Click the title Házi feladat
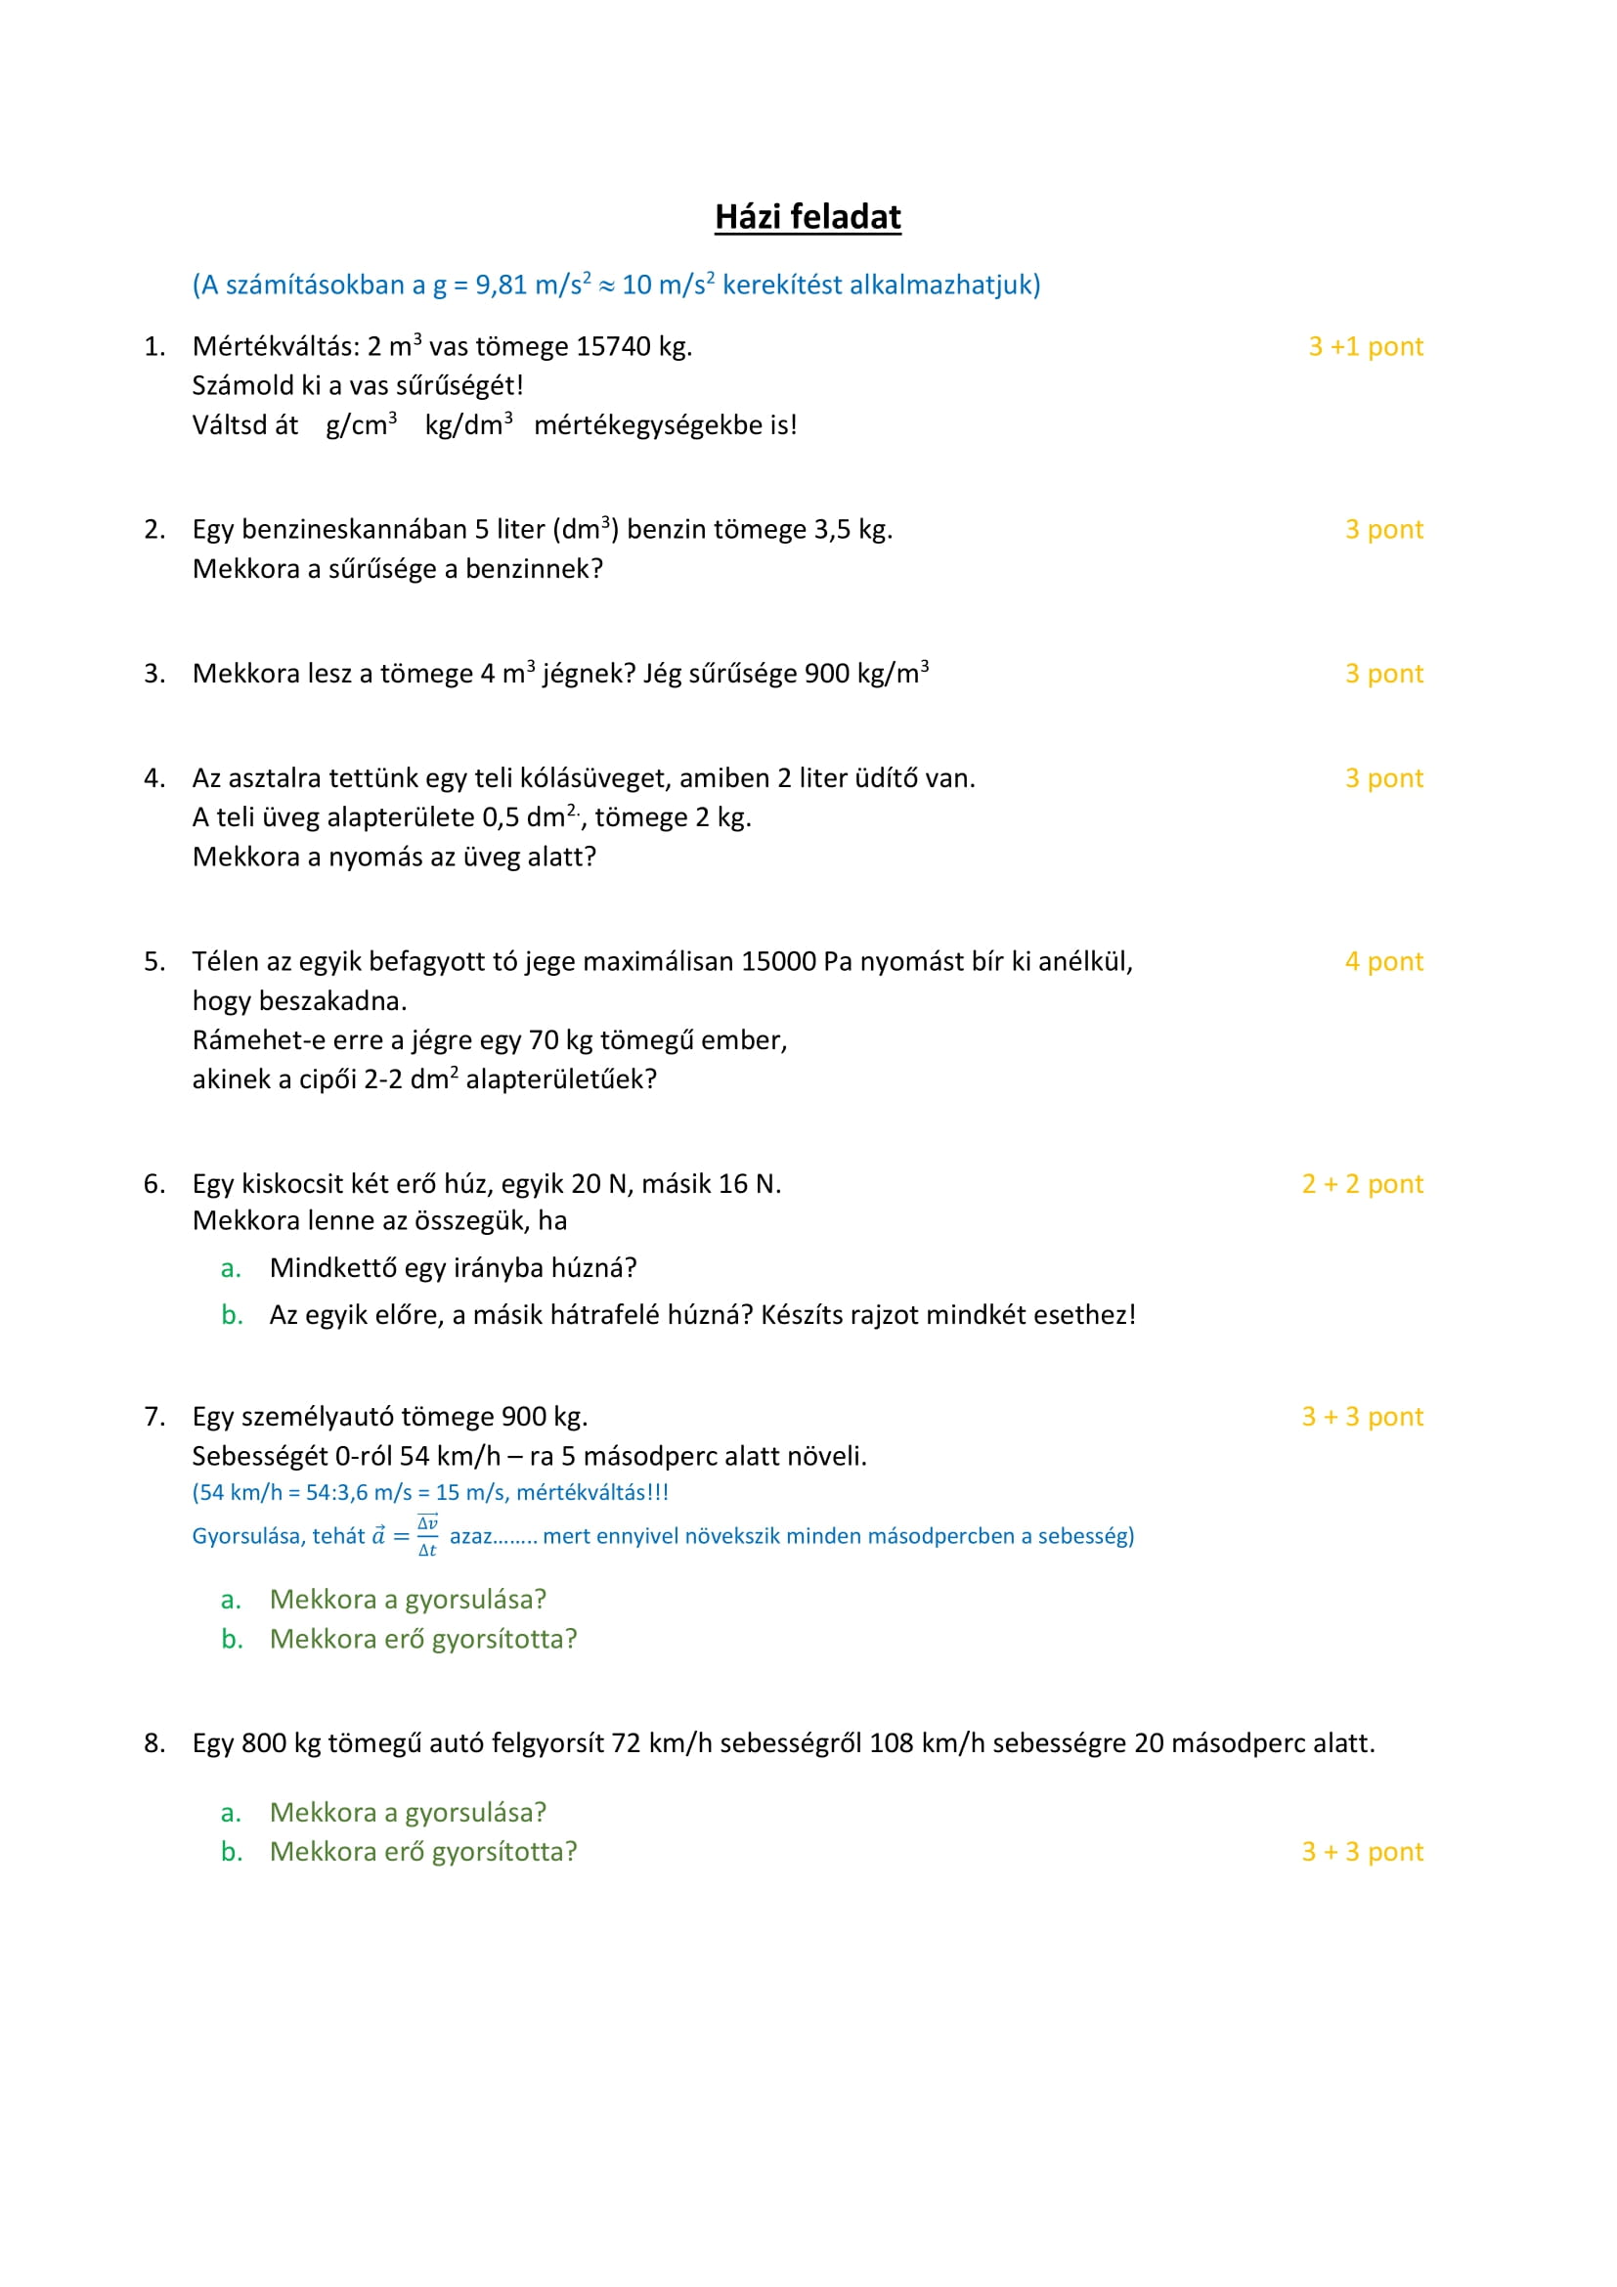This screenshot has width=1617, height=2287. [808, 216]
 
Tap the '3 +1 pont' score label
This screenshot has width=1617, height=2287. [1365, 347]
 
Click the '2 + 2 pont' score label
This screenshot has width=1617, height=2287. [1362, 1183]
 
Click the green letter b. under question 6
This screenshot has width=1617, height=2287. [232, 1315]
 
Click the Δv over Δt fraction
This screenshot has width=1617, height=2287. [427, 1535]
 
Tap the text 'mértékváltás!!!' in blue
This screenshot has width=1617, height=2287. [592, 1492]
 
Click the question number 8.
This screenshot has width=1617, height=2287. [153, 1743]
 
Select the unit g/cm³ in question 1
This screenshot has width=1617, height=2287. [361, 425]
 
